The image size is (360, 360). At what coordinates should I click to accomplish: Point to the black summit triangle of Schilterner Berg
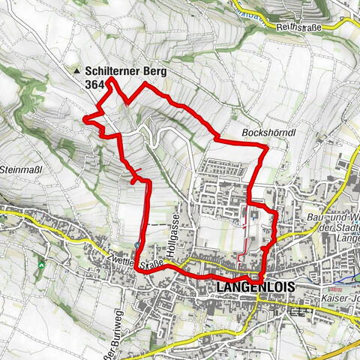[78, 72]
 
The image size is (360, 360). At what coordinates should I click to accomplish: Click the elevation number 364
[94, 85]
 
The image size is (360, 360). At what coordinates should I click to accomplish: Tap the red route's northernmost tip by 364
[112, 79]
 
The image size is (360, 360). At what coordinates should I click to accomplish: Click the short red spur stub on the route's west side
[133, 180]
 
